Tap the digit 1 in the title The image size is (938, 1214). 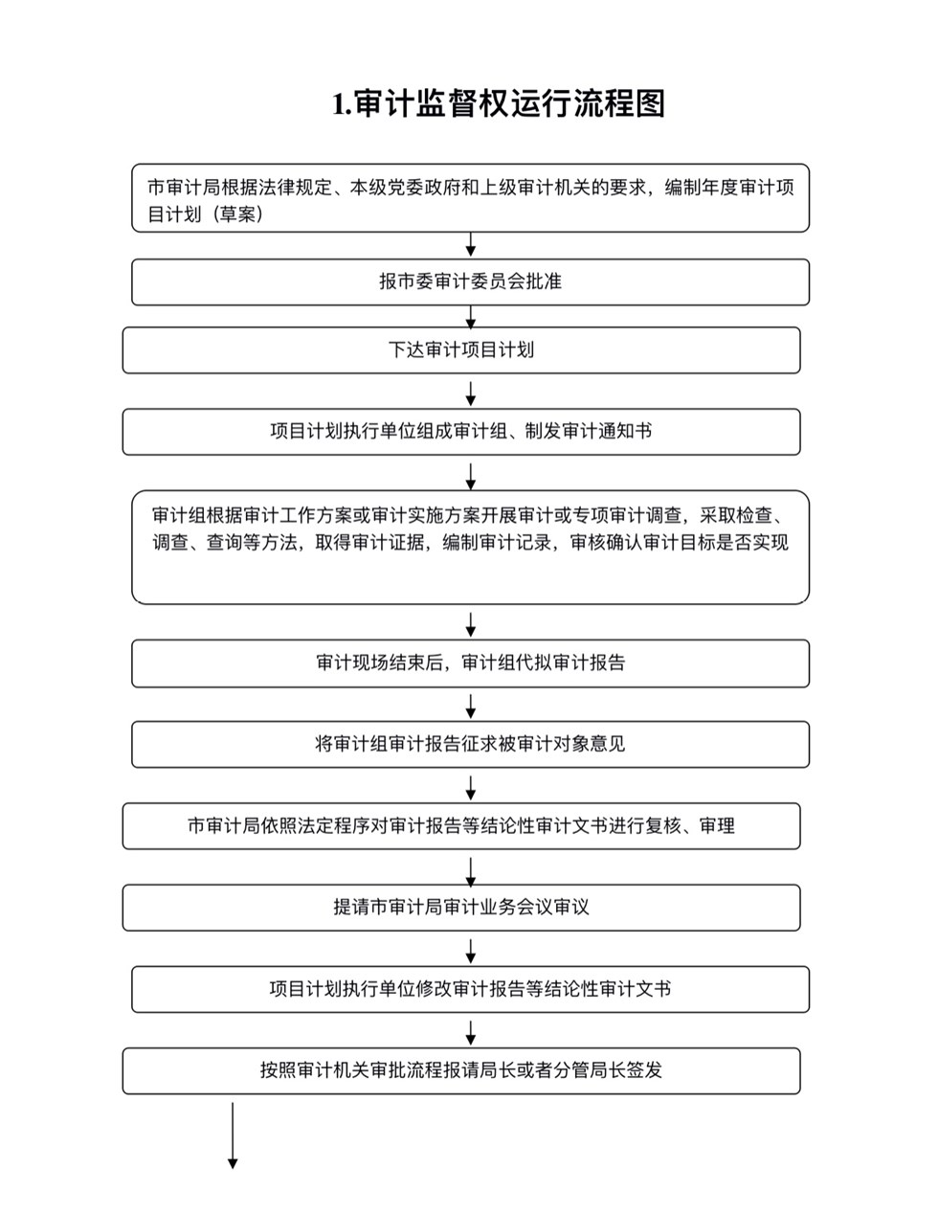coord(339,105)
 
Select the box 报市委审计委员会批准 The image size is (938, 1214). coord(470,282)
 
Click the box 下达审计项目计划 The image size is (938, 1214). coord(461,350)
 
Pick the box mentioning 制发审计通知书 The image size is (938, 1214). coord(461,432)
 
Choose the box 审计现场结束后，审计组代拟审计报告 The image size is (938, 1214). coord(470,663)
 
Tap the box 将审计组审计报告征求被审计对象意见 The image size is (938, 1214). coord(470,745)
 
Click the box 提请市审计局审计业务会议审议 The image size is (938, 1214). coord(461,908)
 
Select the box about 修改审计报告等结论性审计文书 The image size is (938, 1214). coord(470,989)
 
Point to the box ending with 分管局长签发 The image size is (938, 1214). coord(461,1071)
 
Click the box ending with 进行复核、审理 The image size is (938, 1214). coord(461,826)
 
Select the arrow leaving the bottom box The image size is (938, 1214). coord(233,1135)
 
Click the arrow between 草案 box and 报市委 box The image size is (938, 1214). coord(471,245)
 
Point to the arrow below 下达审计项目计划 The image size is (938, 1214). coord(471,393)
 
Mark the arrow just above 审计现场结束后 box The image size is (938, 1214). coord(471,624)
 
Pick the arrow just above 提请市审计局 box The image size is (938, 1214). coord(471,872)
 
